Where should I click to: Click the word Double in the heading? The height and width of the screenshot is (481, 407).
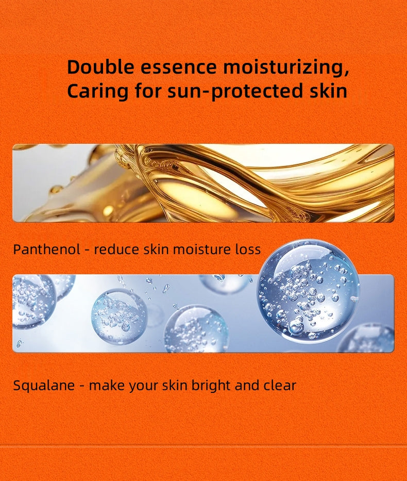click(101, 67)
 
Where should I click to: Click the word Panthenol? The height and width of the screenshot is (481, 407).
click(46, 250)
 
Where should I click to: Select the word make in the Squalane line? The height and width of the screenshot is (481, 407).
click(105, 386)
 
